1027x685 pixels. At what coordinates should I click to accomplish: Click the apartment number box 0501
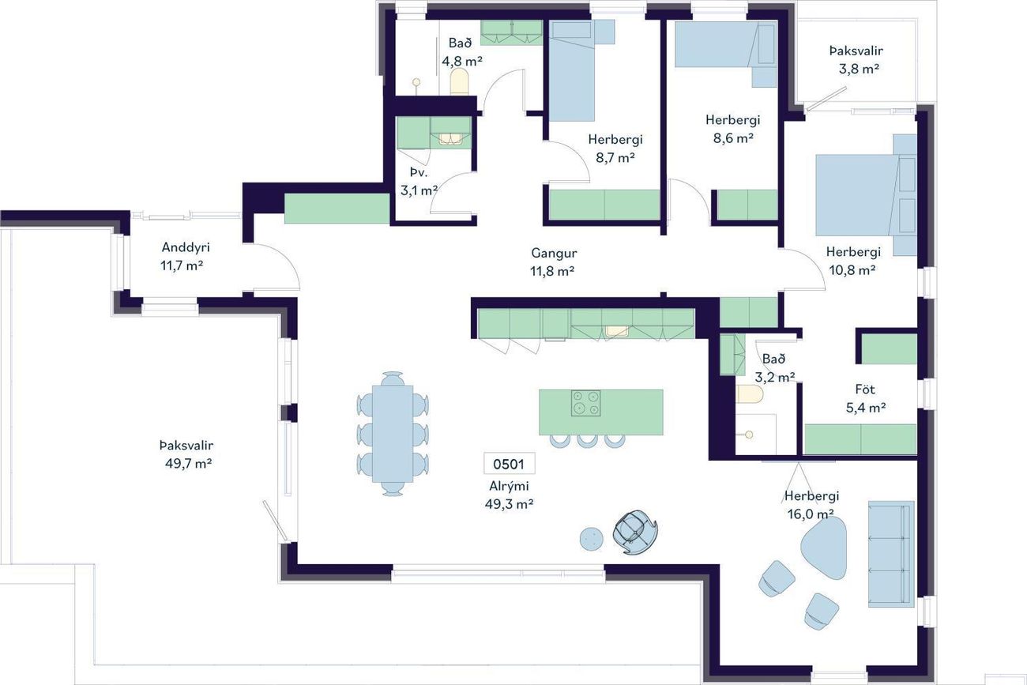tap(509, 464)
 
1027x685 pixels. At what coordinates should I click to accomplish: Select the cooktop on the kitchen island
tap(585, 403)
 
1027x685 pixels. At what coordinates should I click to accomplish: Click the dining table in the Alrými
tap(393, 434)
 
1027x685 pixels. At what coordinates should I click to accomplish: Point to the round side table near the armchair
tap(591, 539)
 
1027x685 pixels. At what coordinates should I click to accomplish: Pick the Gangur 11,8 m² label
tap(553, 262)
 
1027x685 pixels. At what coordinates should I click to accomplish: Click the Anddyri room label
tap(186, 247)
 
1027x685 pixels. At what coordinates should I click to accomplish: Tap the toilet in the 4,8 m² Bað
tap(460, 81)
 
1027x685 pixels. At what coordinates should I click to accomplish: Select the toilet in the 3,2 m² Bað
tap(750, 393)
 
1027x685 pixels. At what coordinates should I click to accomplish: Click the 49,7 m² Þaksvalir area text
tap(188, 464)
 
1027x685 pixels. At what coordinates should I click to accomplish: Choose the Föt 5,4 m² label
tap(866, 398)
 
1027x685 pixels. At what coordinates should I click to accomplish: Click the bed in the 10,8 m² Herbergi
tap(866, 195)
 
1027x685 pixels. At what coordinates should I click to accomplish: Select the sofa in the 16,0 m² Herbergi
tap(891, 554)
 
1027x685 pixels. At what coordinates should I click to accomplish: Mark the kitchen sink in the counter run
tap(617, 330)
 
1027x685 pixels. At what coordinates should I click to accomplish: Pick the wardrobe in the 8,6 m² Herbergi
tap(747, 205)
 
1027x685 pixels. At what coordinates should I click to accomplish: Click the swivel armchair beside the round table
tap(635, 532)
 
